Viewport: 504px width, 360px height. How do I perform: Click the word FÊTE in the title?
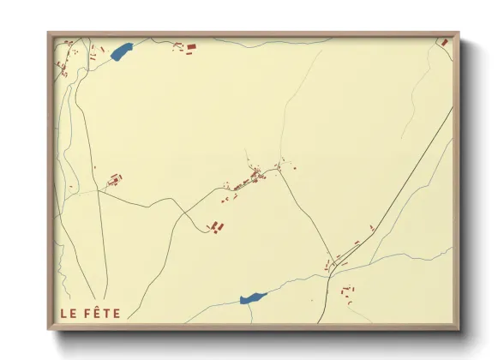(103, 314)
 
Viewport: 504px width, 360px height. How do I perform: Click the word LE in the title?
(69, 314)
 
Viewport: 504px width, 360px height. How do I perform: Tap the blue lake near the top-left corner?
(121, 52)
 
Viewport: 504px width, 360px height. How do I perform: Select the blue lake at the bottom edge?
(253, 297)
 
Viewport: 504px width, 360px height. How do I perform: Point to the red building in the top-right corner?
(445, 42)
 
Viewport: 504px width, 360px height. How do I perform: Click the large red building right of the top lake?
(191, 46)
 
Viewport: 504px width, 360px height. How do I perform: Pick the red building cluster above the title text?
(114, 180)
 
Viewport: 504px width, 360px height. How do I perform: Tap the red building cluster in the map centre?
(253, 177)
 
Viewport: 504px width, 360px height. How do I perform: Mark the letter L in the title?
(63, 314)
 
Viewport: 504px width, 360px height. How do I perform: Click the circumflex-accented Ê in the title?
(97, 313)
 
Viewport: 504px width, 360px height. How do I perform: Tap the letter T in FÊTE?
(106, 314)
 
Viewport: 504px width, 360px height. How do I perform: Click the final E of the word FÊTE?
(117, 314)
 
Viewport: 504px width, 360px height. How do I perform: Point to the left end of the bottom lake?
(243, 301)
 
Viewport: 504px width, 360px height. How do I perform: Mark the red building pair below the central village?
(217, 226)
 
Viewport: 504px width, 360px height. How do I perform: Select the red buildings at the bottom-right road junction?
(329, 266)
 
